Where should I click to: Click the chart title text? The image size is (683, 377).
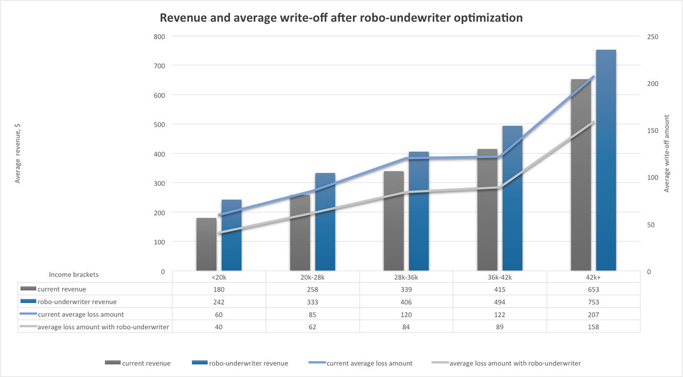(x=341, y=18)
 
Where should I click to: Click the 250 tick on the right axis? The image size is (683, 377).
(x=653, y=36)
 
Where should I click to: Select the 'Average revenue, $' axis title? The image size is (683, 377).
(x=18, y=154)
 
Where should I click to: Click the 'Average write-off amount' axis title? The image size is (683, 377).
(x=667, y=154)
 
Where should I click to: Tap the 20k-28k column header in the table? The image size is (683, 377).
(x=312, y=277)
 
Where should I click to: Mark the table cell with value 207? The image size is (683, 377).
(x=593, y=314)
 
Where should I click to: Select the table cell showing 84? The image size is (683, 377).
(x=406, y=327)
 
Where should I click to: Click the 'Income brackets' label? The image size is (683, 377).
(x=73, y=274)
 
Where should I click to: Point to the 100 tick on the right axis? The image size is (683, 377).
(x=653, y=178)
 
